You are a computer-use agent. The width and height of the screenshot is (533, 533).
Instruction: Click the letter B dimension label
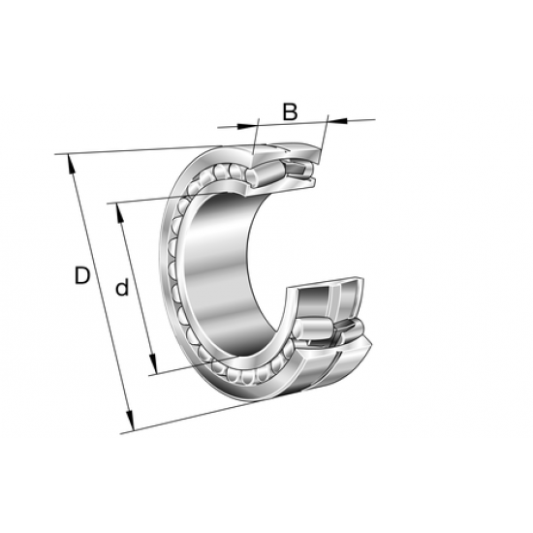289,111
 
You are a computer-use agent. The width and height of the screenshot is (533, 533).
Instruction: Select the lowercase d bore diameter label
121,287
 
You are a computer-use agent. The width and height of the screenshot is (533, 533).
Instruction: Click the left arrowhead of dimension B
254,123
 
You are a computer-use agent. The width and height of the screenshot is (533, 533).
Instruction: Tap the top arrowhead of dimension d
116,208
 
